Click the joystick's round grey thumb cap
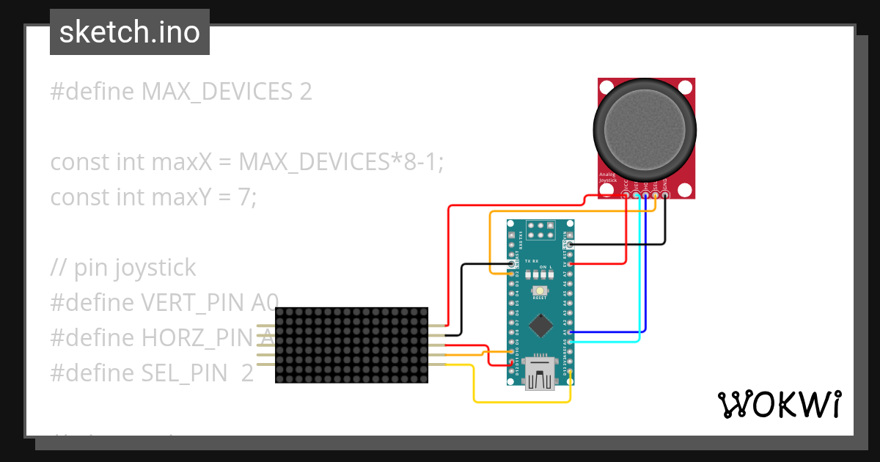(x=645, y=131)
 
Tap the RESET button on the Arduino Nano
(x=540, y=291)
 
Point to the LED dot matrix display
(x=351, y=345)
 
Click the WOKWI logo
(x=779, y=404)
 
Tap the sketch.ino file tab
(x=130, y=32)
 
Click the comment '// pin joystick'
(x=123, y=268)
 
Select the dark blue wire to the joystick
(x=646, y=293)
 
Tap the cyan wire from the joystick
(x=639, y=293)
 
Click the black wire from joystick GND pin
(x=665, y=227)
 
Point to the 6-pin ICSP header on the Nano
(x=540, y=230)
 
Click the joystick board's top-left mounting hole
(x=607, y=87)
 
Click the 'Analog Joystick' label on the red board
(x=609, y=178)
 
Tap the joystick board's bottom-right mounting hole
(x=685, y=190)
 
